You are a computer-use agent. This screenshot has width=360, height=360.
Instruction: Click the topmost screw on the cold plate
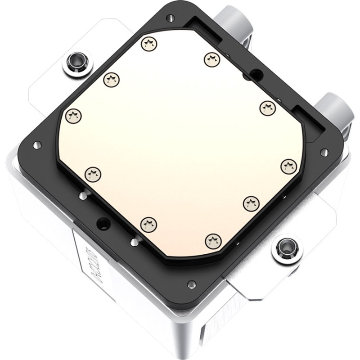tap(148, 44)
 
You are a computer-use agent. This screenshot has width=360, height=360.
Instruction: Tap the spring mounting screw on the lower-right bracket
tap(284, 246)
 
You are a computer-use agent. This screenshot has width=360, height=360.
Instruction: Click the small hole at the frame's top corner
tap(170, 18)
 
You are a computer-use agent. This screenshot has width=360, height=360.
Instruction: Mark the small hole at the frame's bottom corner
tap(192, 283)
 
